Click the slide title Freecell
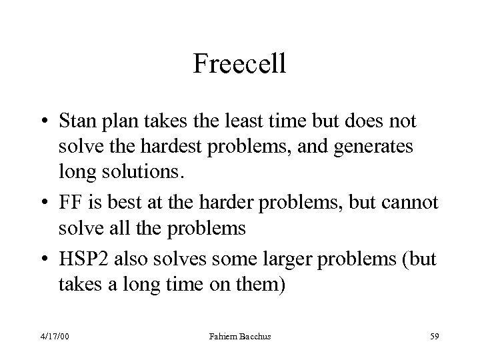pyautogui.click(x=239, y=64)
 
